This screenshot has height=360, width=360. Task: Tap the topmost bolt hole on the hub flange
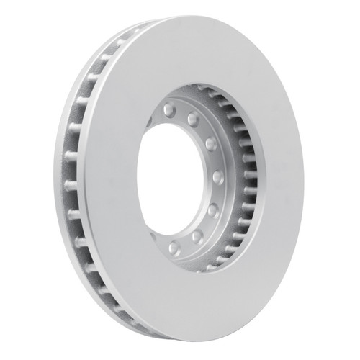pyautogui.click(x=168, y=109)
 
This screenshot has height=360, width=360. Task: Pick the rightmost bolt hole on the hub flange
pyautogui.click(x=218, y=176)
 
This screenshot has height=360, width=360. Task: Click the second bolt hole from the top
pyautogui.click(x=193, y=118)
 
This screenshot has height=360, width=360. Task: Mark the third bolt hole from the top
pyautogui.click(x=210, y=143)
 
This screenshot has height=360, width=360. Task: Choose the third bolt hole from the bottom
pyautogui.click(x=212, y=210)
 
